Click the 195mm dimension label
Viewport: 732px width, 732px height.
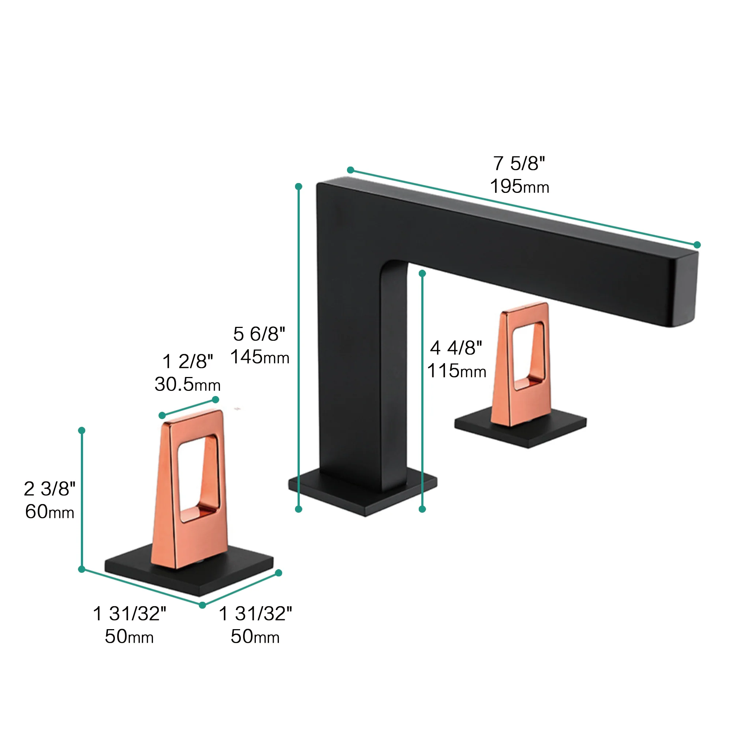[x=519, y=186]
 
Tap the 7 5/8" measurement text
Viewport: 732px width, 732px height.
[x=519, y=163]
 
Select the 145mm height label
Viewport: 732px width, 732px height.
[x=259, y=357]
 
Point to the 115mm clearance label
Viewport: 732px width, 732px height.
[x=456, y=370]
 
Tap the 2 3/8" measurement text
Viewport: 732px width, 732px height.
[x=50, y=489]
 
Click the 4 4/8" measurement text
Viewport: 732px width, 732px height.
[x=456, y=348]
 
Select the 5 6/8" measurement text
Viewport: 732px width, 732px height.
[x=259, y=334]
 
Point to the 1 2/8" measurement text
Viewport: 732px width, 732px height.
[x=187, y=361]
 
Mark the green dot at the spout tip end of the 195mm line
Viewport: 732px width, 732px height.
[x=697, y=245]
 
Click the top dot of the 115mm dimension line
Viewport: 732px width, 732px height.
[x=422, y=273]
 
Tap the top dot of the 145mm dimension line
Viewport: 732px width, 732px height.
[x=299, y=186]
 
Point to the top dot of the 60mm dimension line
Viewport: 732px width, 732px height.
[x=82, y=430]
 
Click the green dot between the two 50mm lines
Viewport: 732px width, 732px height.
[x=202, y=605]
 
